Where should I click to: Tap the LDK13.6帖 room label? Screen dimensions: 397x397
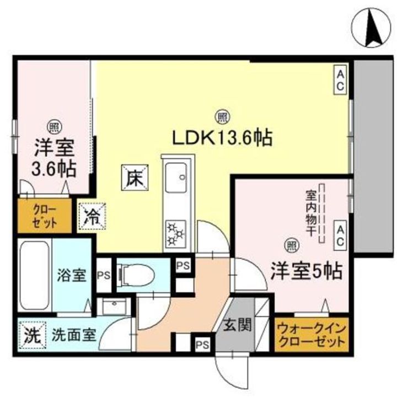(223, 137)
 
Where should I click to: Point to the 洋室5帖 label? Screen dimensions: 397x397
(305, 271)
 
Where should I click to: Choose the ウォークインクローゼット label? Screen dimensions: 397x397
(312, 334)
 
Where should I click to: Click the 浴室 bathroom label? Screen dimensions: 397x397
(72, 274)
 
